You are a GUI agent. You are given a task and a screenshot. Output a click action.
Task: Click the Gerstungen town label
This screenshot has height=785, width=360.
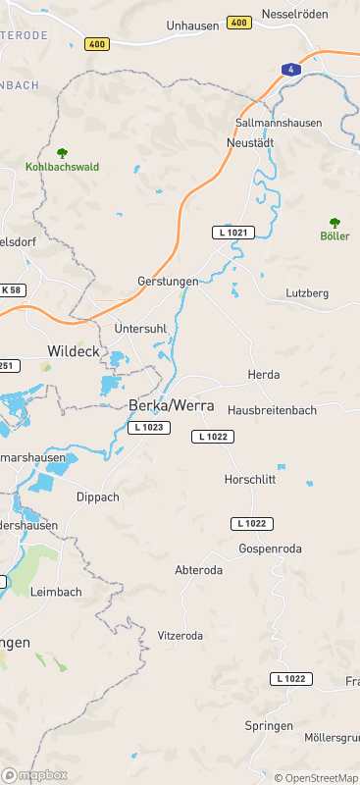pyautogui.click(x=168, y=281)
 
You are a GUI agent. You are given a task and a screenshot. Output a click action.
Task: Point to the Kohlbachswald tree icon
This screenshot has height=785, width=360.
pyautogui.click(x=63, y=153)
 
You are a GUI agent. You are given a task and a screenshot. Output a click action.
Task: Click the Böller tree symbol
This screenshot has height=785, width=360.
pyautogui.click(x=334, y=223)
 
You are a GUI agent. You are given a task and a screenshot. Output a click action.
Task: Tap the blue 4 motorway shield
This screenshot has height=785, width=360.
pyautogui.click(x=289, y=70)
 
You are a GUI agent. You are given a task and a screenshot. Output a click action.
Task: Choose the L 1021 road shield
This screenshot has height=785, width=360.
pyautogui.click(x=233, y=233)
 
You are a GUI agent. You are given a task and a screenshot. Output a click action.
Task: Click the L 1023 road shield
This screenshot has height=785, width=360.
pyautogui.click(x=149, y=428)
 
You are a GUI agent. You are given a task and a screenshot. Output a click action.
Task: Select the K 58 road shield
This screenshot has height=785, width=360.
pyautogui.click(x=11, y=289)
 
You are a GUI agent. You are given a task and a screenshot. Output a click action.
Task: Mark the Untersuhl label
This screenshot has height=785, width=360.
pyautogui.click(x=140, y=327)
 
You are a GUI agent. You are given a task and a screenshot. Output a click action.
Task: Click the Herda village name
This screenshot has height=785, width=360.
pyautogui.click(x=264, y=375)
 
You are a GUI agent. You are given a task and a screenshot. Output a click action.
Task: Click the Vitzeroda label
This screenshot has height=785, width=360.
pyautogui.click(x=180, y=636)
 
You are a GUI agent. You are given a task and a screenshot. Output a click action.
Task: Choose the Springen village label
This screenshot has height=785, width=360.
pyautogui.click(x=269, y=726)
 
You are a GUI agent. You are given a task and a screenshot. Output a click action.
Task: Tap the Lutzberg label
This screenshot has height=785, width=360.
pyautogui.click(x=307, y=293)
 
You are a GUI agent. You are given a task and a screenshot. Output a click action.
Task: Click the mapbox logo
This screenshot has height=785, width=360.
pyautogui.click(x=34, y=775)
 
